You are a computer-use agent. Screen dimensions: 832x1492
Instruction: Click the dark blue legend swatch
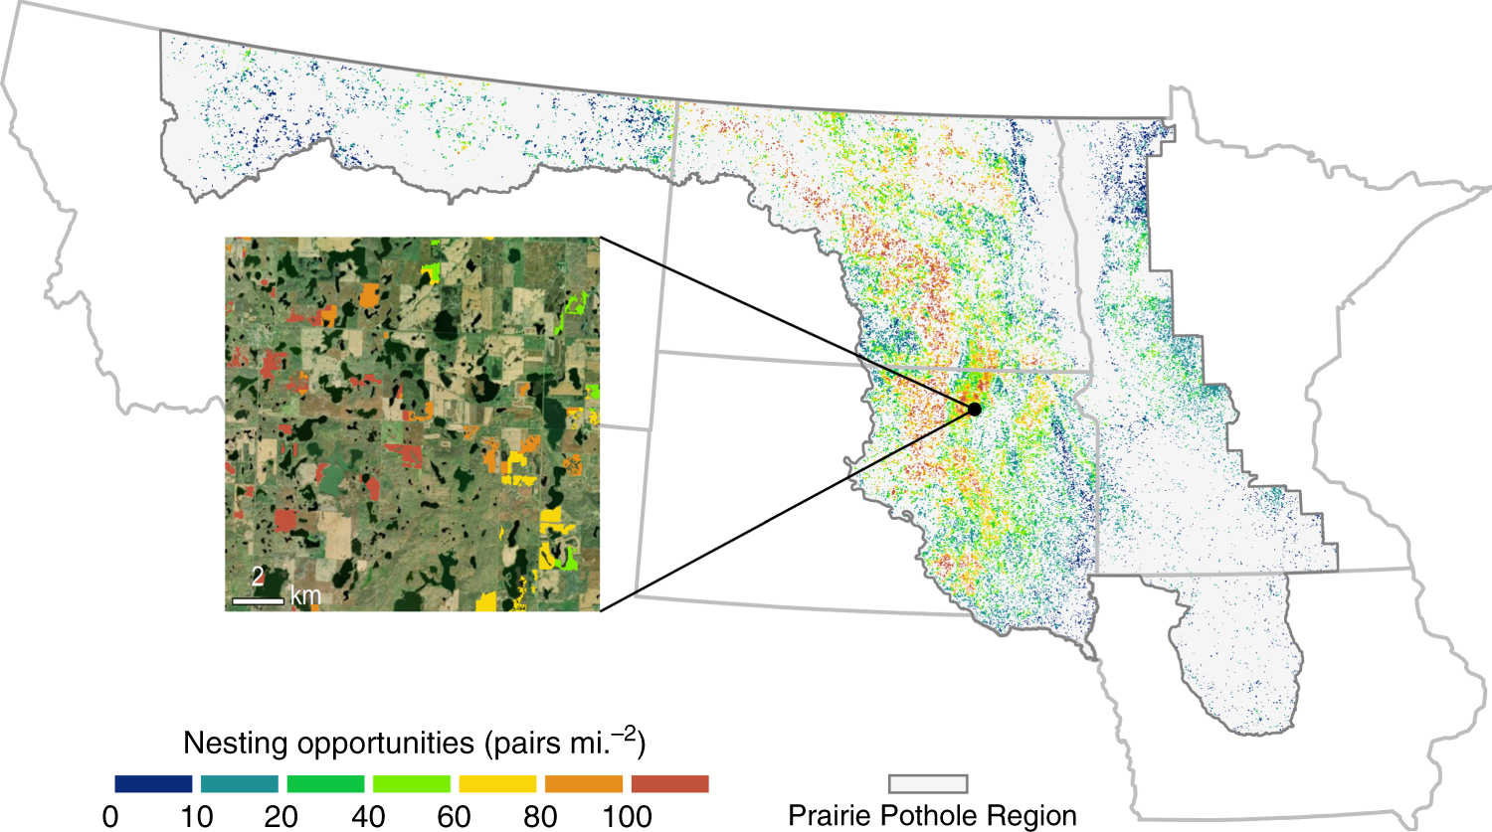point(153,784)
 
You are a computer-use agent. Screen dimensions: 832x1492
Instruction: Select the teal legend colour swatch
point(240,784)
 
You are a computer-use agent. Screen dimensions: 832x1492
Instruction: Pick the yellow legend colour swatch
point(497,784)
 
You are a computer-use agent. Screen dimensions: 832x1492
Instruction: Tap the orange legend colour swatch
point(584,784)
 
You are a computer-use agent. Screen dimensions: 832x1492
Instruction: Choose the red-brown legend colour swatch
point(670,784)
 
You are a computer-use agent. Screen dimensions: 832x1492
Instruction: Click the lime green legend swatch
point(412,784)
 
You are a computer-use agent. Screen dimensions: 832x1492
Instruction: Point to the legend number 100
point(627,817)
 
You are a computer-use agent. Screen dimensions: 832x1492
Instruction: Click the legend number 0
point(110,817)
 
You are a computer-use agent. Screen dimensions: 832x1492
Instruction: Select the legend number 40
point(368,817)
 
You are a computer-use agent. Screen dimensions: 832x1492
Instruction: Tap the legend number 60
point(455,817)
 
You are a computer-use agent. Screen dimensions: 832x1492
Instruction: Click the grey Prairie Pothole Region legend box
point(927,785)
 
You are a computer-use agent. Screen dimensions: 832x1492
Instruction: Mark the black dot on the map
point(975,410)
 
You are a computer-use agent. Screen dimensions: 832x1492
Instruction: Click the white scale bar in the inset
point(258,600)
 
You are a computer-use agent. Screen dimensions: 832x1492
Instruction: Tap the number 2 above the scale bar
point(258,578)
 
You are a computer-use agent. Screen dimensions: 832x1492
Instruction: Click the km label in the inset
point(305,596)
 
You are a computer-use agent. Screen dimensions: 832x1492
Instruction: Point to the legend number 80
point(540,817)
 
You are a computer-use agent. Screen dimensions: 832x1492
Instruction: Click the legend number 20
point(281,817)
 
